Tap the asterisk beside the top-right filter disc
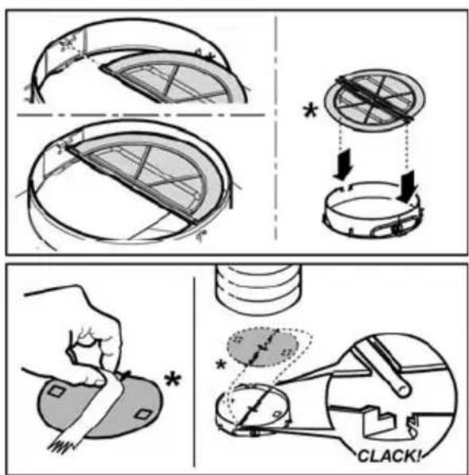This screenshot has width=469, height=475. pyautogui.click(x=311, y=111)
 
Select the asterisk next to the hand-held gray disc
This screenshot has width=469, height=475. pyautogui.click(x=172, y=380)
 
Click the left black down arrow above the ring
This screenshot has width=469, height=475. pyautogui.click(x=343, y=164)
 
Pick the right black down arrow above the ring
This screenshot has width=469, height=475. pyautogui.click(x=406, y=187)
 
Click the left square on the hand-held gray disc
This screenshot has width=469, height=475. pyautogui.click(x=56, y=391)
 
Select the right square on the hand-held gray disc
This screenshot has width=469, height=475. pyautogui.click(x=142, y=414)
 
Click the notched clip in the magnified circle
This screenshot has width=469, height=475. pyautogui.click(x=379, y=423)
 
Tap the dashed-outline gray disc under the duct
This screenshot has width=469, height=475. pyautogui.click(x=263, y=346)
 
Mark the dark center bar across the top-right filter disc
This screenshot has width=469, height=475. pyautogui.click(x=374, y=98)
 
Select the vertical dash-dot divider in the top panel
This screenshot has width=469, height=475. pyautogui.click(x=276, y=127)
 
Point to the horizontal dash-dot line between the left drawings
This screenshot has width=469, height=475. pyautogui.click(x=141, y=115)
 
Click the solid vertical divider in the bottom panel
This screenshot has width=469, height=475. pyautogui.click(x=194, y=371)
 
